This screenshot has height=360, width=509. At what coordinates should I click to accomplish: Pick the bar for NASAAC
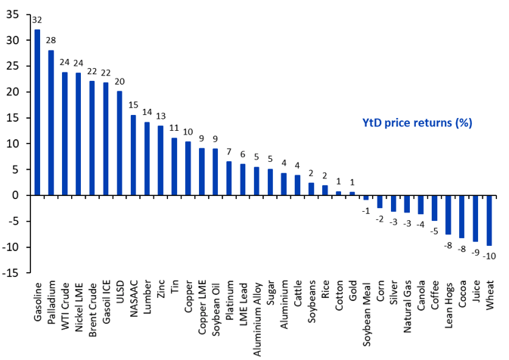(x=133, y=155)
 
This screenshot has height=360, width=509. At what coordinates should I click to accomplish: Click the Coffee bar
(x=435, y=208)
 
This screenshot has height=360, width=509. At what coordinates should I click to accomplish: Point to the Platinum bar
(x=229, y=178)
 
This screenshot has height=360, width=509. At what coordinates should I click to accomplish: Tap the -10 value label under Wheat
(x=490, y=255)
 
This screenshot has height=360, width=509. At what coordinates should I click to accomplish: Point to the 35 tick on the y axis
(x=14, y=15)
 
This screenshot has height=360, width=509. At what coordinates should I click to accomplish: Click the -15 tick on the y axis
(x=12, y=273)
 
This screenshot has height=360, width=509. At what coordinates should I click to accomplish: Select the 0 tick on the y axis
(x=17, y=195)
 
